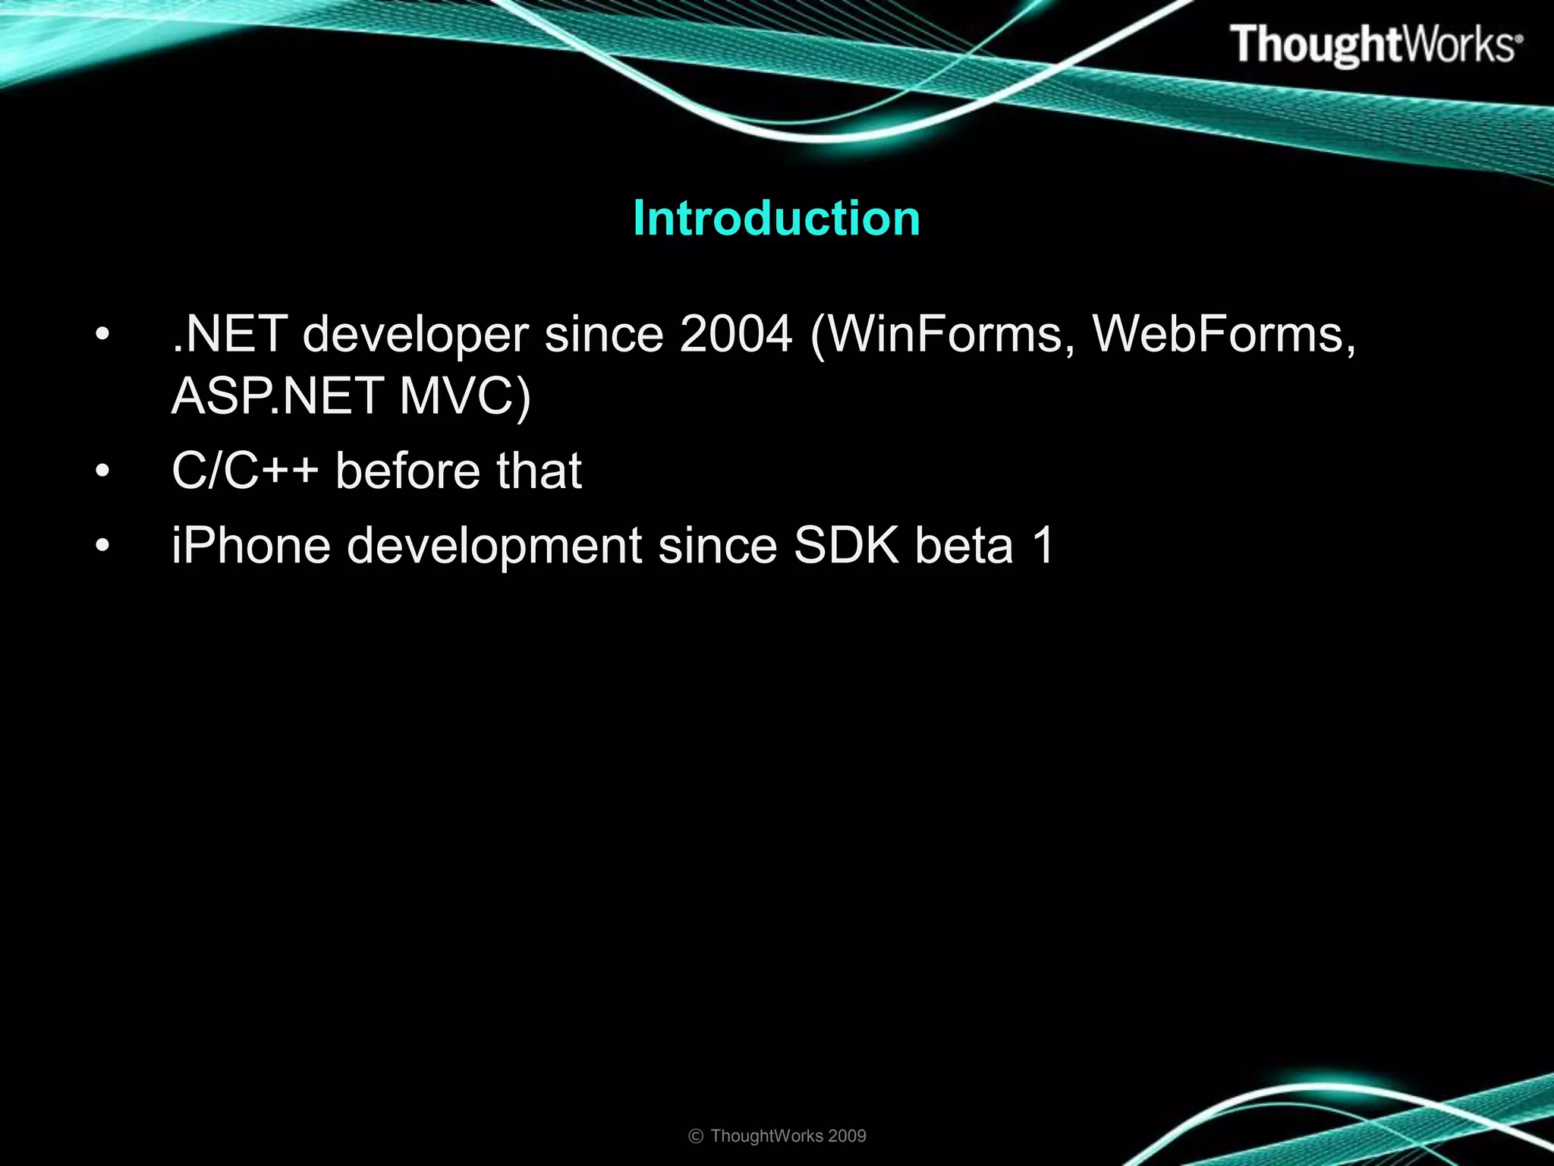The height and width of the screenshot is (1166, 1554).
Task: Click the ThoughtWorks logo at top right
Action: [x=1375, y=44]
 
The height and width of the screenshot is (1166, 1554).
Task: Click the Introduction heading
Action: [x=776, y=219]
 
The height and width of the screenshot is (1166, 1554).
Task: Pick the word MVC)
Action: [x=464, y=396]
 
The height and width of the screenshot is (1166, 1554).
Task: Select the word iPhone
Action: [x=251, y=546]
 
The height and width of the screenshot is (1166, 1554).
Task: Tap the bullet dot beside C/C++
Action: [x=103, y=472]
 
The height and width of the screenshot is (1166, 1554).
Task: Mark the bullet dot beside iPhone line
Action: [x=103, y=547]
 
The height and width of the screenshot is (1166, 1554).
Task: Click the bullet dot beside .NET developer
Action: [x=103, y=335]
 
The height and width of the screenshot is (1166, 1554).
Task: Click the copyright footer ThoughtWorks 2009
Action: [x=777, y=1136]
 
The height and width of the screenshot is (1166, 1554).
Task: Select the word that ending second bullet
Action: [x=539, y=471]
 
